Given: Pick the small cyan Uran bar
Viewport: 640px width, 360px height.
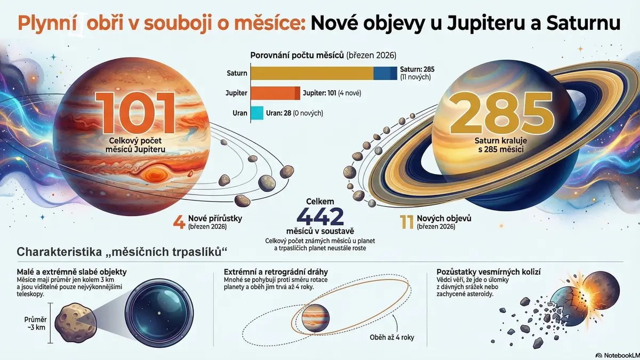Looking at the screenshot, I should click(257, 113).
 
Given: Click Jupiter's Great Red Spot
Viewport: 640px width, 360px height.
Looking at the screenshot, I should click(155, 174).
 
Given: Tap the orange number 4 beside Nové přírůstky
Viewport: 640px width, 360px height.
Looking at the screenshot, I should click(179, 221).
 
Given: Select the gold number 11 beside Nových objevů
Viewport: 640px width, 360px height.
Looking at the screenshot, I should click(406, 221).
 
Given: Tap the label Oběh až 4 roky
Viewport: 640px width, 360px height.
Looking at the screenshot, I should click(392, 337).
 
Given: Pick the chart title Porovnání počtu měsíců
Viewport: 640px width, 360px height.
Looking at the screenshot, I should click(323, 55).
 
